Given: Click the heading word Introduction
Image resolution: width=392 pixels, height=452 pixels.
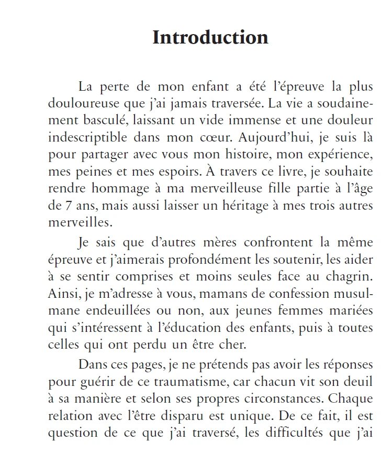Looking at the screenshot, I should [210, 38].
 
